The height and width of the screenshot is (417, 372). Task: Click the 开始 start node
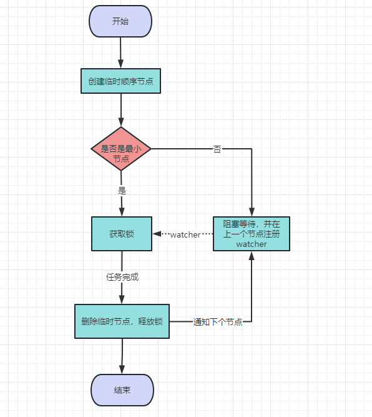[x=120, y=21]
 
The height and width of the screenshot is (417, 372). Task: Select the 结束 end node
[x=122, y=390]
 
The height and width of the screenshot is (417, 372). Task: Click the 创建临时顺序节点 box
[x=121, y=81]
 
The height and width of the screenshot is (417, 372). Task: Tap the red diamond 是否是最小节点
[x=121, y=149]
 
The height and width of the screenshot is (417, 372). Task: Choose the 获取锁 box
[x=122, y=234]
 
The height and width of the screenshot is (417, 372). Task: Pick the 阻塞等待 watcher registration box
[x=252, y=234]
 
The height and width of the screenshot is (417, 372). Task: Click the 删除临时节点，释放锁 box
[x=122, y=321]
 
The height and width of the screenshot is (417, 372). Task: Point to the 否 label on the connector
[x=217, y=149]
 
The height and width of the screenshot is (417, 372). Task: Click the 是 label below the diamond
[x=122, y=191]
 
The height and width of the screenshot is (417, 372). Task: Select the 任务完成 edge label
[x=122, y=277]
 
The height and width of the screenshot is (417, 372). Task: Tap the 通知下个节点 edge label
[x=218, y=322]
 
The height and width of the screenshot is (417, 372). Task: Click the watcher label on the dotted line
[x=185, y=235]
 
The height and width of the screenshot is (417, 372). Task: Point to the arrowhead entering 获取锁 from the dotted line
[x=157, y=234]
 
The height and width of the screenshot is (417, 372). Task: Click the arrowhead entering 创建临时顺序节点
[x=120, y=64]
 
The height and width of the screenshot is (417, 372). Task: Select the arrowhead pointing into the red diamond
[x=121, y=123]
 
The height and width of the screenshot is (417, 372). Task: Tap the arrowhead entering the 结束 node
[x=122, y=370]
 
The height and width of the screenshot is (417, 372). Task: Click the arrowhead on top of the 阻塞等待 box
[x=252, y=212]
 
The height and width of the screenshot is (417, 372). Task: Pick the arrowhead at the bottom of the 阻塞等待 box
[x=252, y=256]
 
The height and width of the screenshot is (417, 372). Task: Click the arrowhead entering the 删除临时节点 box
[x=122, y=299]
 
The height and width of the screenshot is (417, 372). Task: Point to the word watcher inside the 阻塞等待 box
[x=252, y=244]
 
